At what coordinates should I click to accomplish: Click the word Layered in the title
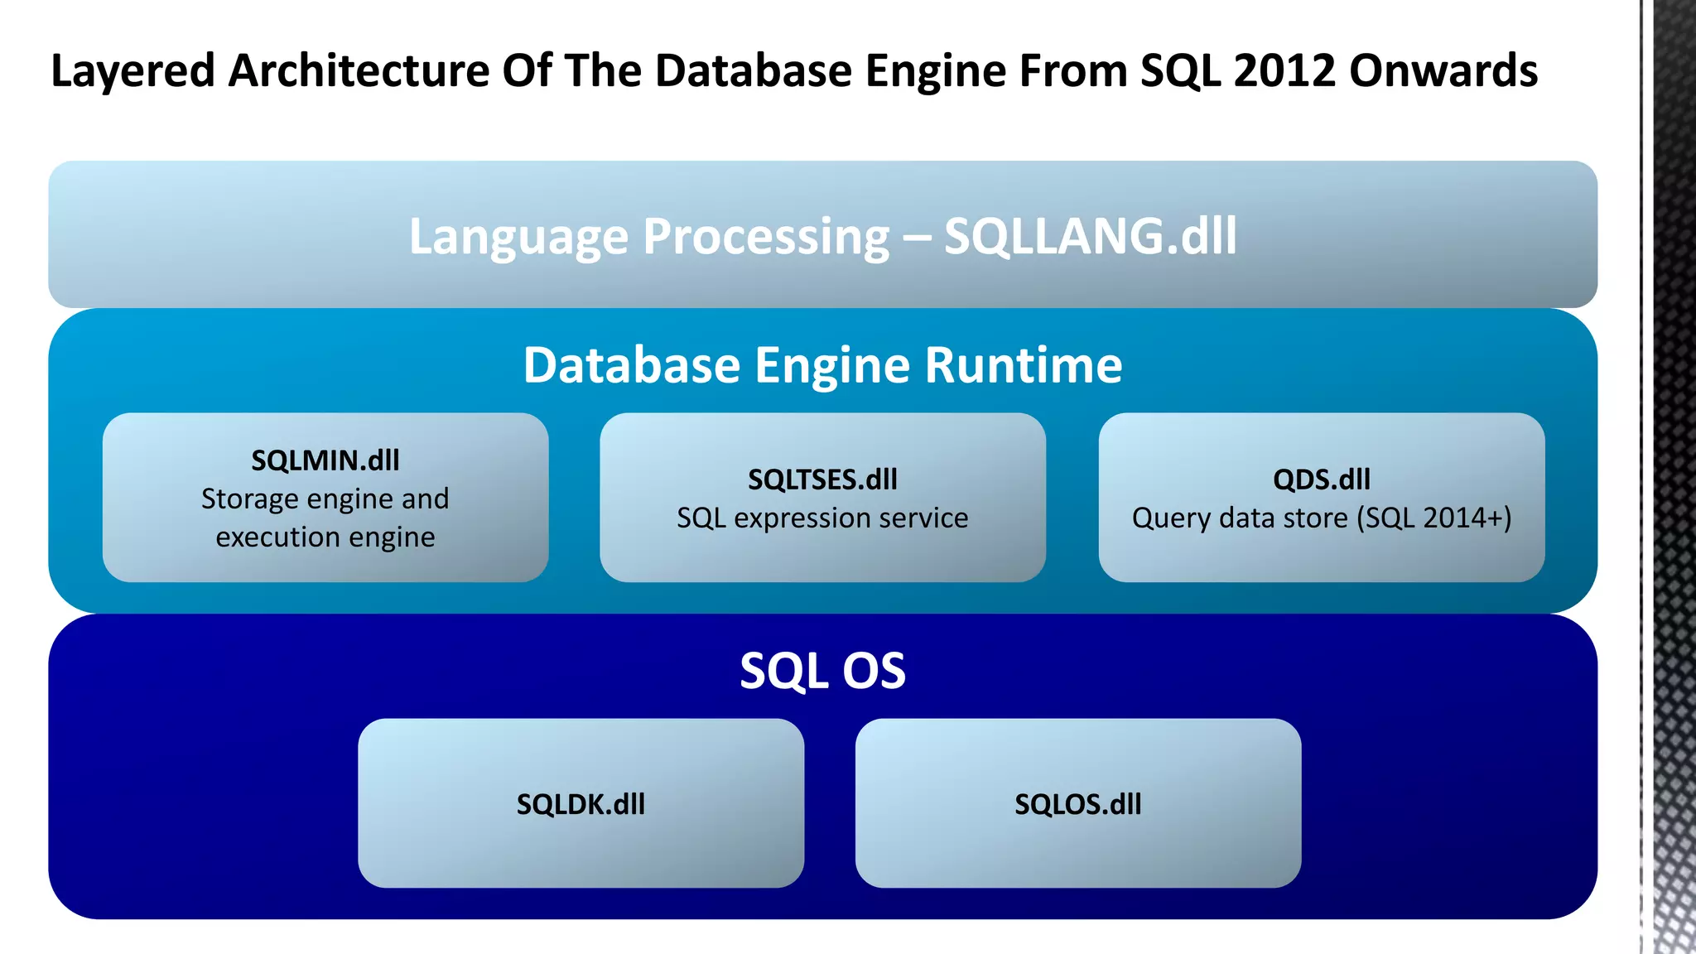(x=132, y=71)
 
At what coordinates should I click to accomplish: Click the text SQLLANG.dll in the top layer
(x=1090, y=237)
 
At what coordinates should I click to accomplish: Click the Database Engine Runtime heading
(x=822, y=365)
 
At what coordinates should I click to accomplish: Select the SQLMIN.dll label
(x=325, y=460)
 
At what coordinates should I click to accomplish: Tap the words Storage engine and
(x=325, y=499)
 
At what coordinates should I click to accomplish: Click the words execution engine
(x=325, y=537)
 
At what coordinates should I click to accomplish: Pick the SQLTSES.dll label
(x=822, y=479)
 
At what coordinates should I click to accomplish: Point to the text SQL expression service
(x=822, y=518)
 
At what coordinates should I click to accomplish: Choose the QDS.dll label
(x=1322, y=479)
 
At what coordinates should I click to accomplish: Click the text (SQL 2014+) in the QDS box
(x=1433, y=518)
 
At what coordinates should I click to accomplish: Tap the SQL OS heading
(x=822, y=671)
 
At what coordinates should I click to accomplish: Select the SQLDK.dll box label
(x=581, y=804)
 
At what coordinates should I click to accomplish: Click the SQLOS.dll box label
(x=1077, y=804)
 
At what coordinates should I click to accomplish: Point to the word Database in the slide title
(x=753, y=71)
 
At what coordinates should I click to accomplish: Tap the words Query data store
(x=1240, y=518)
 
